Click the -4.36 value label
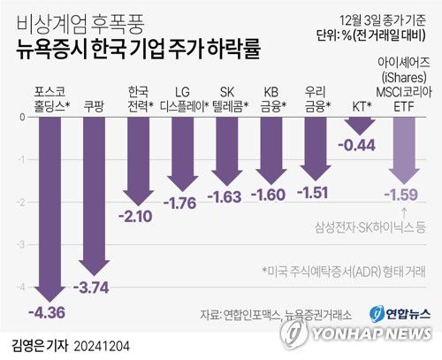point(47,312)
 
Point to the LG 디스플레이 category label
point(183,96)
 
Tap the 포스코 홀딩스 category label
point(50,96)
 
